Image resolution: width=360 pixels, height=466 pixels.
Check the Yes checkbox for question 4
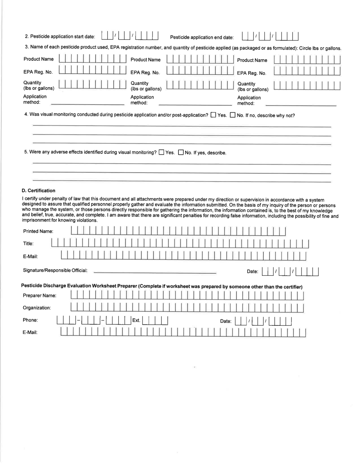pyautogui.click(x=213, y=115)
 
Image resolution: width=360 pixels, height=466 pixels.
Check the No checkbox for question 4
pyautogui.click(x=233, y=115)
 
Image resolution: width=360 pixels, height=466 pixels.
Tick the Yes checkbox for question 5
pyautogui.click(x=161, y=153)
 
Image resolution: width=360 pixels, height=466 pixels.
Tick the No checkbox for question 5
pyautogui.click(x=181, y=153)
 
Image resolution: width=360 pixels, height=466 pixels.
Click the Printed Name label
pyautogui.click(x=38, y=231)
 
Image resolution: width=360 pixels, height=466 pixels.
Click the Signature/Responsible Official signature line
pyautogui.click(x=155, y=272)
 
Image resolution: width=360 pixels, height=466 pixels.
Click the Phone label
pyautogui.click(x=30, y=321)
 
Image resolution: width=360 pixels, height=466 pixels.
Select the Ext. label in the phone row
pyautogui.click(x=136, y=321)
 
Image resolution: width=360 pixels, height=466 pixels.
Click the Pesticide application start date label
pyautogui.click(x=60, y=37)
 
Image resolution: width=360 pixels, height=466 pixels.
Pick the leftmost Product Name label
pyautogui.click(x=39, y=59)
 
